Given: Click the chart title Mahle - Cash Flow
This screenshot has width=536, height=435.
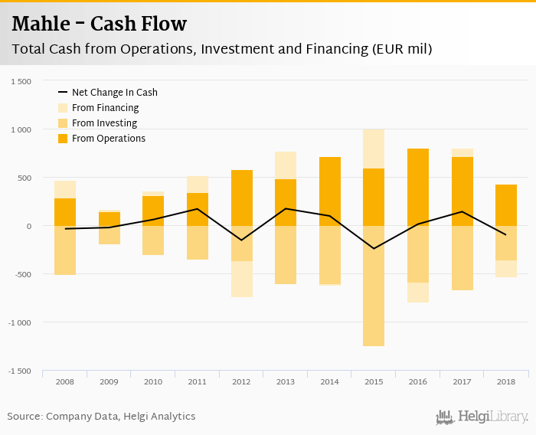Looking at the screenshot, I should [100, 24].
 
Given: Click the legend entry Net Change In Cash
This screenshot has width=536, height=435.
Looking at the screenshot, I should [114, 93].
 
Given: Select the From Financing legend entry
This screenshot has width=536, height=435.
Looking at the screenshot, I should [105, 108].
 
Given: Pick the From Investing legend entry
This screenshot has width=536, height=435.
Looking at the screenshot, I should [104, 123].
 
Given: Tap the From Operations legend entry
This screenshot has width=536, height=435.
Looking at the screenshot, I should [108, 139].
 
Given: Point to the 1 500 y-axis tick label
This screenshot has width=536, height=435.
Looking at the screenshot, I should [21, 81].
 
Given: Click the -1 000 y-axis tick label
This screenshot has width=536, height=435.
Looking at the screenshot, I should [20, 322].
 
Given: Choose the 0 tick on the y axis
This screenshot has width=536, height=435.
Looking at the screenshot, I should [28, 226].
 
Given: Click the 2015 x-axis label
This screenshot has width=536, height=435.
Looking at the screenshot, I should [374, 381].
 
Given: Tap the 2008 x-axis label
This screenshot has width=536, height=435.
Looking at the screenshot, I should [65, 381].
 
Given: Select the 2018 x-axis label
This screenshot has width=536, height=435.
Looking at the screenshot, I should [505, 381].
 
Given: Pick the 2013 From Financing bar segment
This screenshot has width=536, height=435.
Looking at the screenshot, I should [286, 165].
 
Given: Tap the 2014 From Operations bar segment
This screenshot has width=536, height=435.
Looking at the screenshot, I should [329, 191].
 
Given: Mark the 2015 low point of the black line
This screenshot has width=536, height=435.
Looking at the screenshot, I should [374, 249].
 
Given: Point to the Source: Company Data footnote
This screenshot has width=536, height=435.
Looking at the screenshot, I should [101, 417].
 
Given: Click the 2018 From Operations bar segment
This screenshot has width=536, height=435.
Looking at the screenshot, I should [505, 205].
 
